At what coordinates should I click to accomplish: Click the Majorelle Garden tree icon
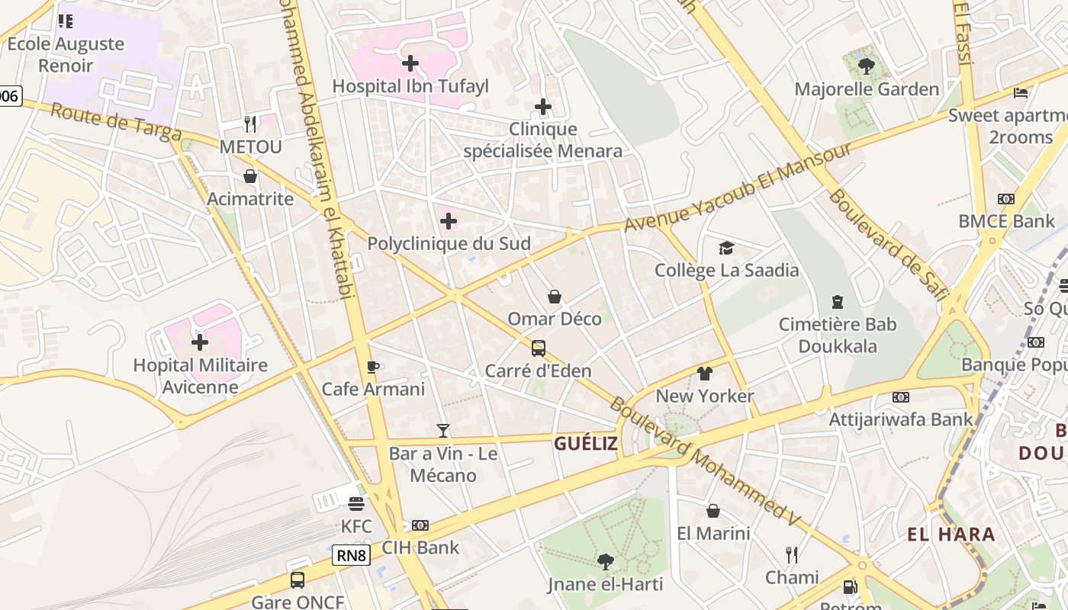pos(866,66)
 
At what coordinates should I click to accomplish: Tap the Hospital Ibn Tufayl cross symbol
pos(410,63)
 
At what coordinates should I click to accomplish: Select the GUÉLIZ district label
pos(586,444)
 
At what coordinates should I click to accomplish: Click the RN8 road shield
pos(351,556)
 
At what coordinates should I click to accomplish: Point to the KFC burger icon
pos(356,503)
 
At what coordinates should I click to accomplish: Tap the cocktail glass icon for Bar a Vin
pos(443,431)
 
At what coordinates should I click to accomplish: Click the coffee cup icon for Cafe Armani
pos(373,367)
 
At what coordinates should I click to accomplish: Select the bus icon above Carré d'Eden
pos(539,348)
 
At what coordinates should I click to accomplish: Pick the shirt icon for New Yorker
pos(704,374)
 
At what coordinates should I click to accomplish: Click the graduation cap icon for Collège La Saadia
pos(726,248)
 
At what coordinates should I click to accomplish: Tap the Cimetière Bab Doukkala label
pos(838,335)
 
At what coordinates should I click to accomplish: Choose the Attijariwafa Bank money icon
pos(901,396)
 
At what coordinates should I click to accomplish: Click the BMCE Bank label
pos(1006,221)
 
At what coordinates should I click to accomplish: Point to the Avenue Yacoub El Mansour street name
pos(738,186)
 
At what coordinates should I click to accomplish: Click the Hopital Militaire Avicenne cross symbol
pos(200,342)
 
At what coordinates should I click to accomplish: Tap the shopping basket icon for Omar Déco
pos(555,296)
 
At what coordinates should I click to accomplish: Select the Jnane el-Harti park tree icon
pos(605,562)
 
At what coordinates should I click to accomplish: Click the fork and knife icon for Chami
pos(792,554)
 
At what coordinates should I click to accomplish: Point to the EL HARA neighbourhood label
pos(951,534)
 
